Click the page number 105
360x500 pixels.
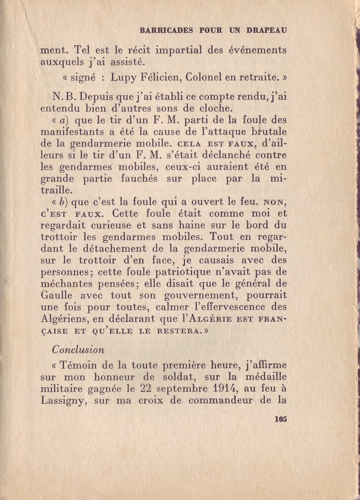(280, 419)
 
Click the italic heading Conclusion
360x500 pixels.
(80, 349)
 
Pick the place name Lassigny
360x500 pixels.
(63, 401)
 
